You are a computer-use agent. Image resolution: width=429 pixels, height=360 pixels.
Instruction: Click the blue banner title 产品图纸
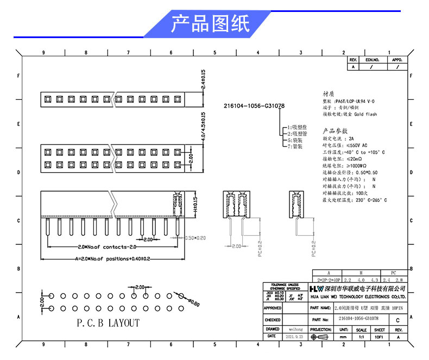tap(210, 24)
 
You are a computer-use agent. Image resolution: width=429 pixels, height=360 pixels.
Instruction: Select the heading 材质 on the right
tap(329, 93)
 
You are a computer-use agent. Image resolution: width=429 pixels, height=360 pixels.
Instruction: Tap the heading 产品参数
tap(335, 131)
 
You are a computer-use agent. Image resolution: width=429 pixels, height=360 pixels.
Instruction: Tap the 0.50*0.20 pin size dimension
tap(196, 238)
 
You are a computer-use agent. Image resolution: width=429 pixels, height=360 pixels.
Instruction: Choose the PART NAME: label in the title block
tap(321, 308)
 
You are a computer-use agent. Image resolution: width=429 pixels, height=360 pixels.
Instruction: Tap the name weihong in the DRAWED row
tap(296, 329)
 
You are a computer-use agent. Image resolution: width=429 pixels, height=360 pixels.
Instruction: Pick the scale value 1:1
tap(361, 337)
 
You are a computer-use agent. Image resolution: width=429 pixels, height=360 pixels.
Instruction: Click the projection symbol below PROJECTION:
tap(321, 337)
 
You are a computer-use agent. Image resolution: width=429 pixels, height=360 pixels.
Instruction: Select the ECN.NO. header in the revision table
tap(372, 60)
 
